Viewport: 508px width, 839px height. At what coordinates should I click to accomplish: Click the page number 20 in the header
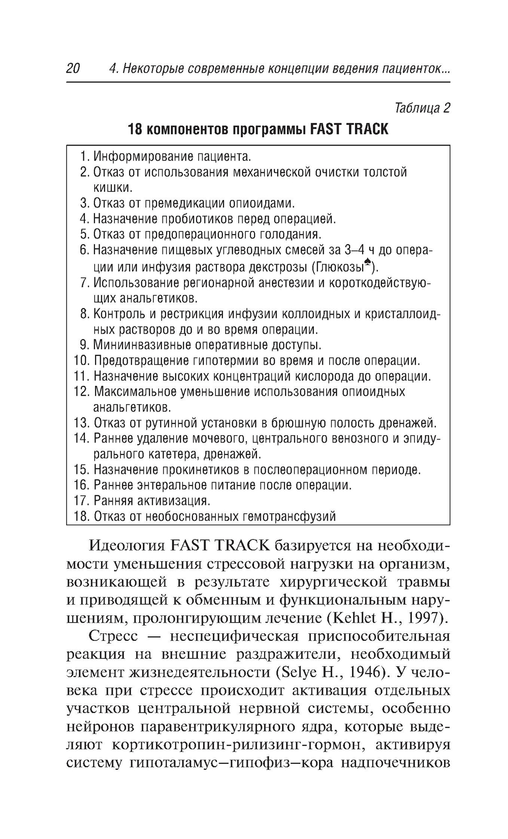pos(73,69)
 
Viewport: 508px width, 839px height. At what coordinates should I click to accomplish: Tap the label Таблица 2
pos(422,108)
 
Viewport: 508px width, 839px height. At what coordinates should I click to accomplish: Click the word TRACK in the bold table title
pos(367,130)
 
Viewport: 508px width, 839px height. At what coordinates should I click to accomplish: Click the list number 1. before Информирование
pos(85,156)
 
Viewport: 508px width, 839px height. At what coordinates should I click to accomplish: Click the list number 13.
pos(81,424)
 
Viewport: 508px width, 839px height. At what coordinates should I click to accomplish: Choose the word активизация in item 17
pos(173,501)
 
